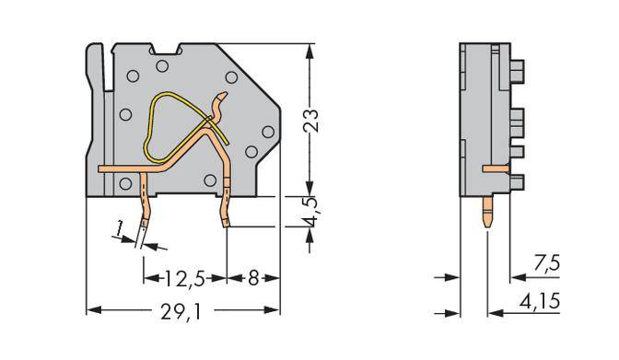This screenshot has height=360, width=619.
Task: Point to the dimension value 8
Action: click(x=252, y=276)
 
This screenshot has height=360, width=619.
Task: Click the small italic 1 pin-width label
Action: click(x=121, y=228)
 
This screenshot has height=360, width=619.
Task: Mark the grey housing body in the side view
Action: click(x=473, y=110)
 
